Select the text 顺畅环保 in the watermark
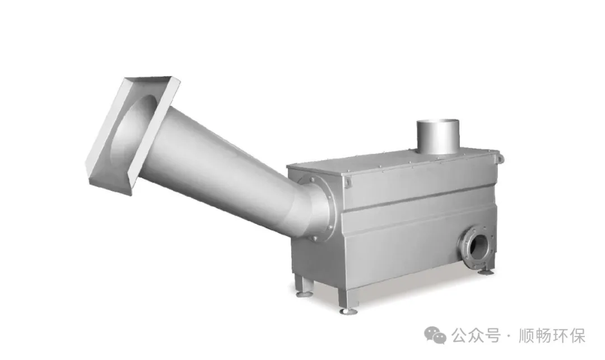552,335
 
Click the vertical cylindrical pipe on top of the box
438,136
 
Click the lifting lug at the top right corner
500,158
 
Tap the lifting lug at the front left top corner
348,182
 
